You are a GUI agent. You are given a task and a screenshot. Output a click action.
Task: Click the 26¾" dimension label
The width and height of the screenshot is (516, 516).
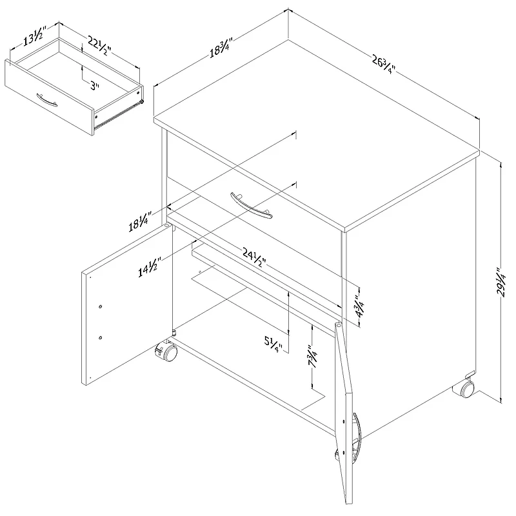(x=383, y=64)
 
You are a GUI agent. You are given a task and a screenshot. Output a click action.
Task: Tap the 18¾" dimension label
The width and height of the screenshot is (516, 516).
(x=221, y=48)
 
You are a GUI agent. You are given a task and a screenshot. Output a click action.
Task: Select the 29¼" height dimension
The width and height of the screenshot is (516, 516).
(x=502, y=283)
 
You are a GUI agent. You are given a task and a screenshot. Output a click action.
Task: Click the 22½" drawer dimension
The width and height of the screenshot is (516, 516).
(x=99, y=45)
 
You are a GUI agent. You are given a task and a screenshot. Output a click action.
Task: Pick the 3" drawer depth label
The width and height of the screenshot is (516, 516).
(x=95, y=86)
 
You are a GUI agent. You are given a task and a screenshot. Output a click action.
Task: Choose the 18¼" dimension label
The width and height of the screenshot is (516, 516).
(x=140, y=221)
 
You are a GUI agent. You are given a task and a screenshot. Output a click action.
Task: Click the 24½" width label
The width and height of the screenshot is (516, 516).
(x=254, y=257)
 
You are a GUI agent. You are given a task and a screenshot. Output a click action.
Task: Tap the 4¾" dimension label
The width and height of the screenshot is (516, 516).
(x=359, y=306)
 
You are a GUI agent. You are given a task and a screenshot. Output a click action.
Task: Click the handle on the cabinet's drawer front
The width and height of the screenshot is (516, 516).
(x=251, y=205)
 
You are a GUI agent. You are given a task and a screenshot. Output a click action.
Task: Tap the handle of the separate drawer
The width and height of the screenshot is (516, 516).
(x=46, y=100)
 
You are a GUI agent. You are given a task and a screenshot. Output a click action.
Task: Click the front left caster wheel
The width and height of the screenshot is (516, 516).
(x=166, y=352)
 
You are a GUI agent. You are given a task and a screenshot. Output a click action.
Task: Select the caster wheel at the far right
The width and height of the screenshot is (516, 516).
(x=464, y=388)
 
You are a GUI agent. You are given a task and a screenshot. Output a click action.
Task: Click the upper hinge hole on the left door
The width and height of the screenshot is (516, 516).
(x=101, y=307)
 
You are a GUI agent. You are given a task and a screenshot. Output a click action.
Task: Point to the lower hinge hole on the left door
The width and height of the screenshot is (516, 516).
(x=101, y=337)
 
